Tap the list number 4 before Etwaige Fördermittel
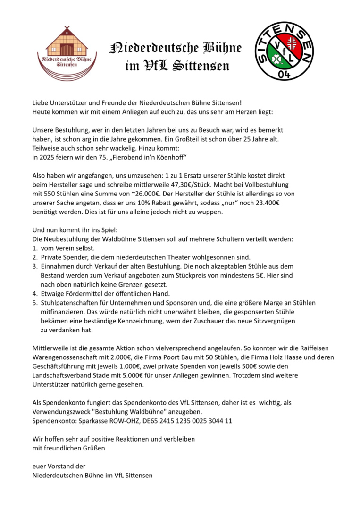coord(35,294)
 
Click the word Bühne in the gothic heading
coord(222,48)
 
